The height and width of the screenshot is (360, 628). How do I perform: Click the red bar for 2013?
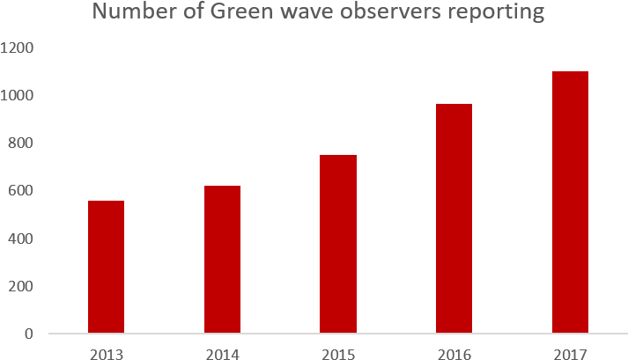(x=106, y=267)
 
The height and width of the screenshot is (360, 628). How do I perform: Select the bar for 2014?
(x=222, y=260)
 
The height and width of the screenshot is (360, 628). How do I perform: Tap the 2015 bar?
(x=338, y=244)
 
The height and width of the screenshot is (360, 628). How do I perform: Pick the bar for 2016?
(x=454, y=218)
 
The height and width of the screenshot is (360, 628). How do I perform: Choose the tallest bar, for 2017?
(x=570, y=202)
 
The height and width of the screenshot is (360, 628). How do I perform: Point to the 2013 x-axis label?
(x=106, y=354)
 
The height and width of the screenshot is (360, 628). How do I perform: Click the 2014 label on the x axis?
(x=222, y=354)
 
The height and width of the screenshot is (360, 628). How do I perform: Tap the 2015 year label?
(x=338, y=354)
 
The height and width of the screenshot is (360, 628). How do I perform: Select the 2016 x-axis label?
(x=454, y=354)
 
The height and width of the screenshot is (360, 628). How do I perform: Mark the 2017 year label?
(x=570, y=354)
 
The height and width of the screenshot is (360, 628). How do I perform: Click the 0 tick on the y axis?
(x=29, y=334)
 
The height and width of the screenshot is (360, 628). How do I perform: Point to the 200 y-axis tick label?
(x=22, y=286)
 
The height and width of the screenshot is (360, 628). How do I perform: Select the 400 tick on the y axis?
(x=22, y=239)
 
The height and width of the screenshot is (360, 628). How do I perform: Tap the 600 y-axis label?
(x=22, y=190)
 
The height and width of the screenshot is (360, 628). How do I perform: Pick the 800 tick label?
(x=22, y=143)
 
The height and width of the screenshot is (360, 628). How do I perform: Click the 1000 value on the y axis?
(x=18, y=95)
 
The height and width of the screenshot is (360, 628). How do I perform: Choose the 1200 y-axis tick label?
(x=18, y=48)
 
